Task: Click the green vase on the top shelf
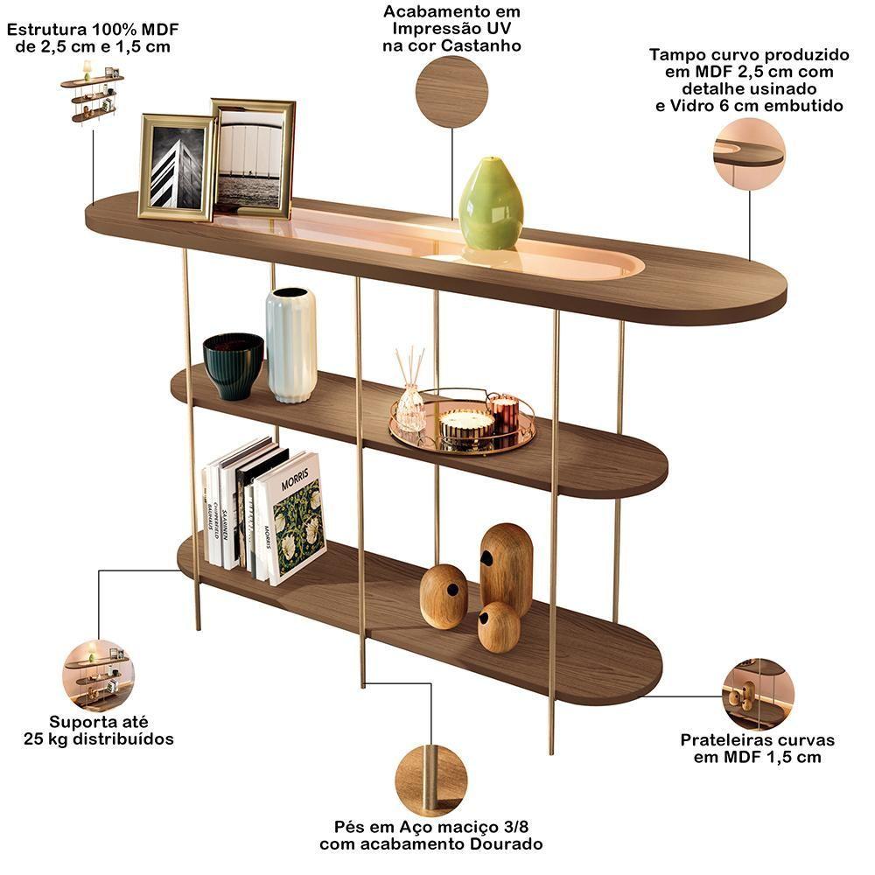[490, 206]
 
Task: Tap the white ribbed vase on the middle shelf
[291, 345]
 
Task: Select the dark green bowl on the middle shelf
[233, 364]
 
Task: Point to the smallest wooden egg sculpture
[499, 626]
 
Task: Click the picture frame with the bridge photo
[254, 157]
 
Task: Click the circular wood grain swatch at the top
[451, 91]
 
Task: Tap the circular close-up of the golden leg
[430, 780]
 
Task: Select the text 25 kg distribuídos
[98, 739]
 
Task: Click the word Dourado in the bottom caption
[500, 844]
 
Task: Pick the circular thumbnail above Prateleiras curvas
[758, 695]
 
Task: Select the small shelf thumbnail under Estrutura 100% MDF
[92, 94]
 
